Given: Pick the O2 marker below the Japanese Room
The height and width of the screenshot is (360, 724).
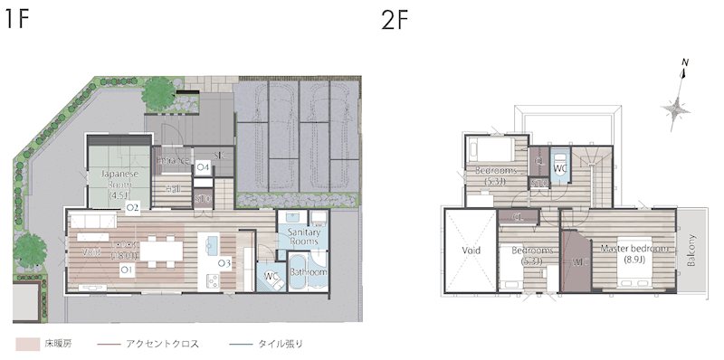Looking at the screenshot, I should point(131,207).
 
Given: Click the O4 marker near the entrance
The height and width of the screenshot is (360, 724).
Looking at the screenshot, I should point(204,168).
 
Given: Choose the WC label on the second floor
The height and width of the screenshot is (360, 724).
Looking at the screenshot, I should point(559,168).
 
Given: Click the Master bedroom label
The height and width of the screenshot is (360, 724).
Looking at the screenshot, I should point(633,253).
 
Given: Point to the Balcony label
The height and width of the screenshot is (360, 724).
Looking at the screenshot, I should point(691,251).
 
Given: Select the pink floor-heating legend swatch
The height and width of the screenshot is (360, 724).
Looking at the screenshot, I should point(26,344).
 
